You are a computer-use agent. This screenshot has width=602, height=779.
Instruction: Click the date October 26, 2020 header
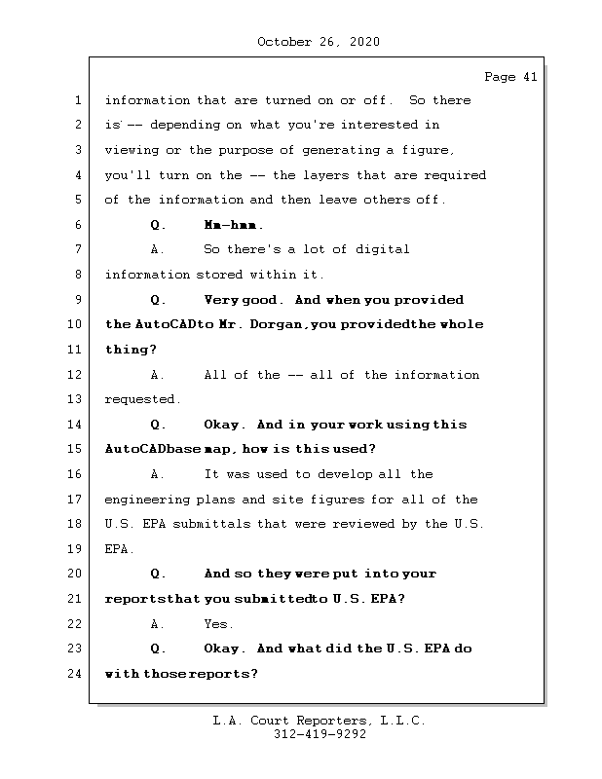coord(318,42)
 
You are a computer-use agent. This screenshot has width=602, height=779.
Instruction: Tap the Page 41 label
coord(509,78)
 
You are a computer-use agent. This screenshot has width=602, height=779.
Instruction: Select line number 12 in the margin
coord(76,375)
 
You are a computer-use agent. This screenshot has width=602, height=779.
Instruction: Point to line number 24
coord(76,674)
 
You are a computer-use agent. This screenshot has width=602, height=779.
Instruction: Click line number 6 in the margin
coord(77,225)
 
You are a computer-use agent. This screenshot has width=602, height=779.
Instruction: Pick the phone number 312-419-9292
coord(320,735)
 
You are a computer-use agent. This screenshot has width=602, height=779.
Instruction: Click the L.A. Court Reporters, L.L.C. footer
coord(319,721)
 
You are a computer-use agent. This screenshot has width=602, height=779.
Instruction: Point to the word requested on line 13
coord(142,399)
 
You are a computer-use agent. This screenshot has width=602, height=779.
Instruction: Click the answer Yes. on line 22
coord(218,624)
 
